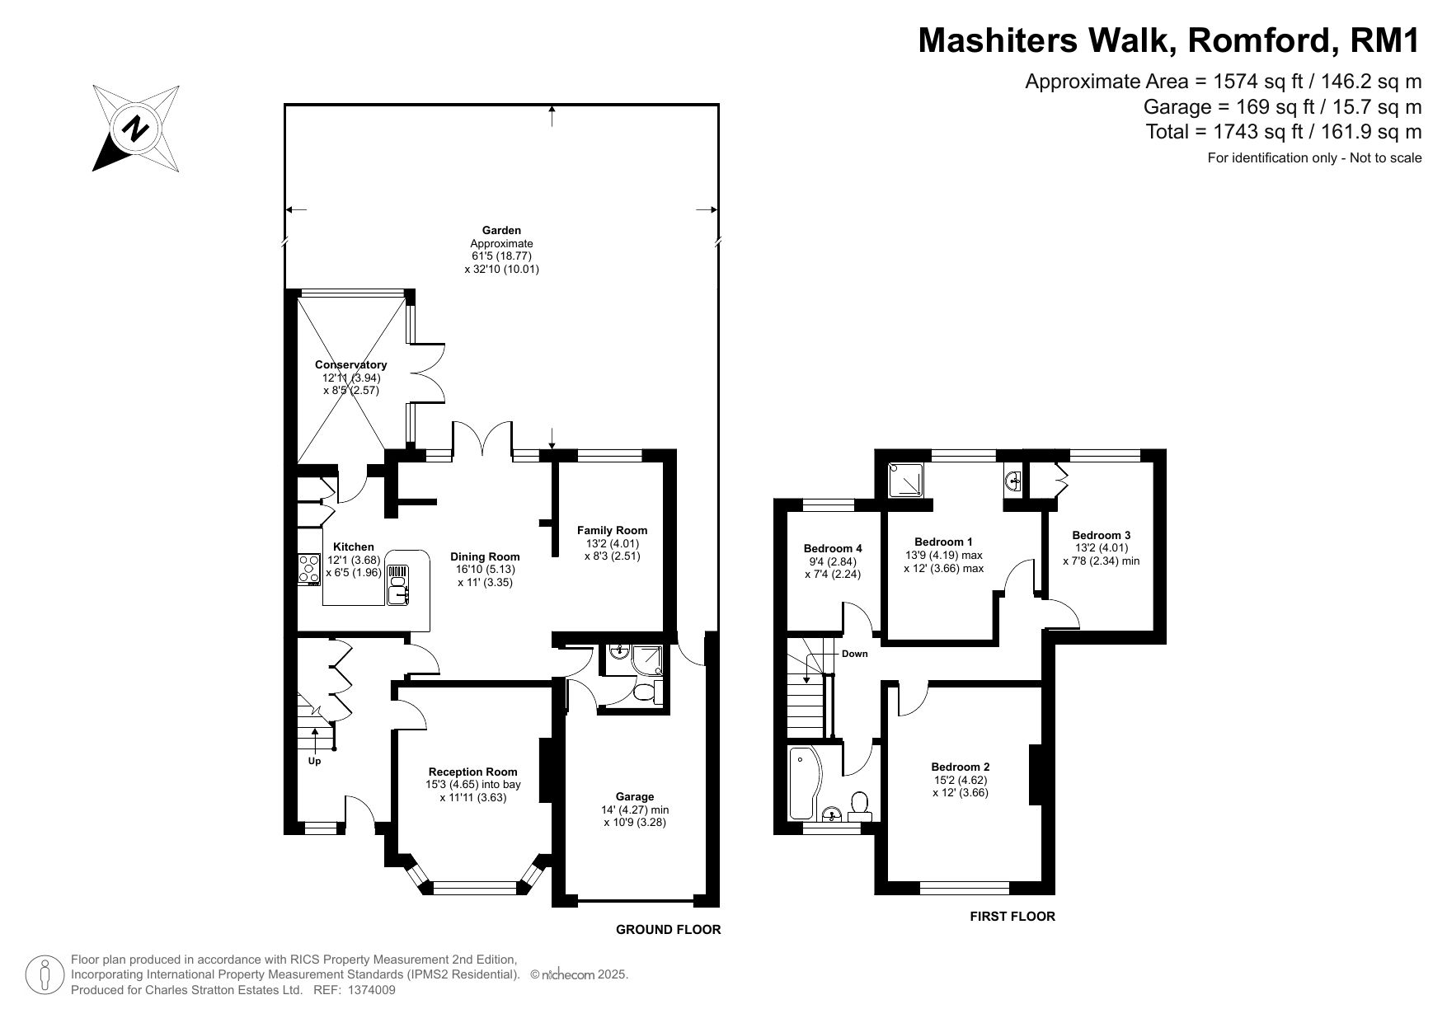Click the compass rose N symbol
pyautogui.click(x=136, y=128)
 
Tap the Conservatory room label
pyautogui.click(x=350, y=364)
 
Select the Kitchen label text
pyautogui.click(x=353, y=547)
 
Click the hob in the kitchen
pyautogui.click(x=309, y=569)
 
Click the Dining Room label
pyautogui.click(x=485, y=556)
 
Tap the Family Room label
pyautogui.click(x=612, y=530)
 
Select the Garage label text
pyautogui.click(x=635, y=796)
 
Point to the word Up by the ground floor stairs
pyautogui.click(x=314, y=762)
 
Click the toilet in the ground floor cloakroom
pyautogui.click(x=648, y=690)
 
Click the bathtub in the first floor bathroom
pyautogui.click(x=802, y=784)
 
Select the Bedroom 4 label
pyautogui.click(x=833, y=548)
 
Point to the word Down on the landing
pyautogui.click(x=854, y=654)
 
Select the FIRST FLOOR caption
pyautogui.click(x=1012, y=916)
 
